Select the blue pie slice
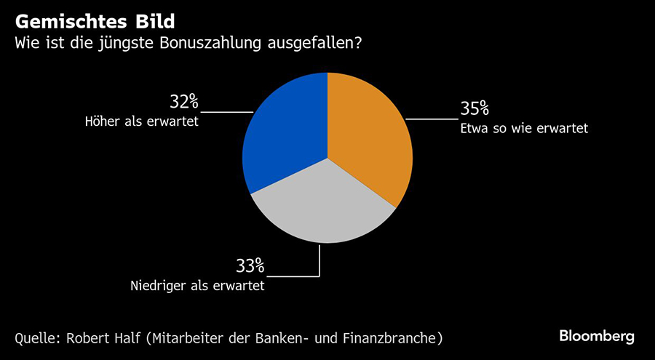284,138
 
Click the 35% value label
474,109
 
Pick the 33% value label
249,266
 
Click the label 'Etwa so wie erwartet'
523,129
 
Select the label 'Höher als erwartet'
142,121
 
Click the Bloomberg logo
597,336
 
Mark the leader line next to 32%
226,111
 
